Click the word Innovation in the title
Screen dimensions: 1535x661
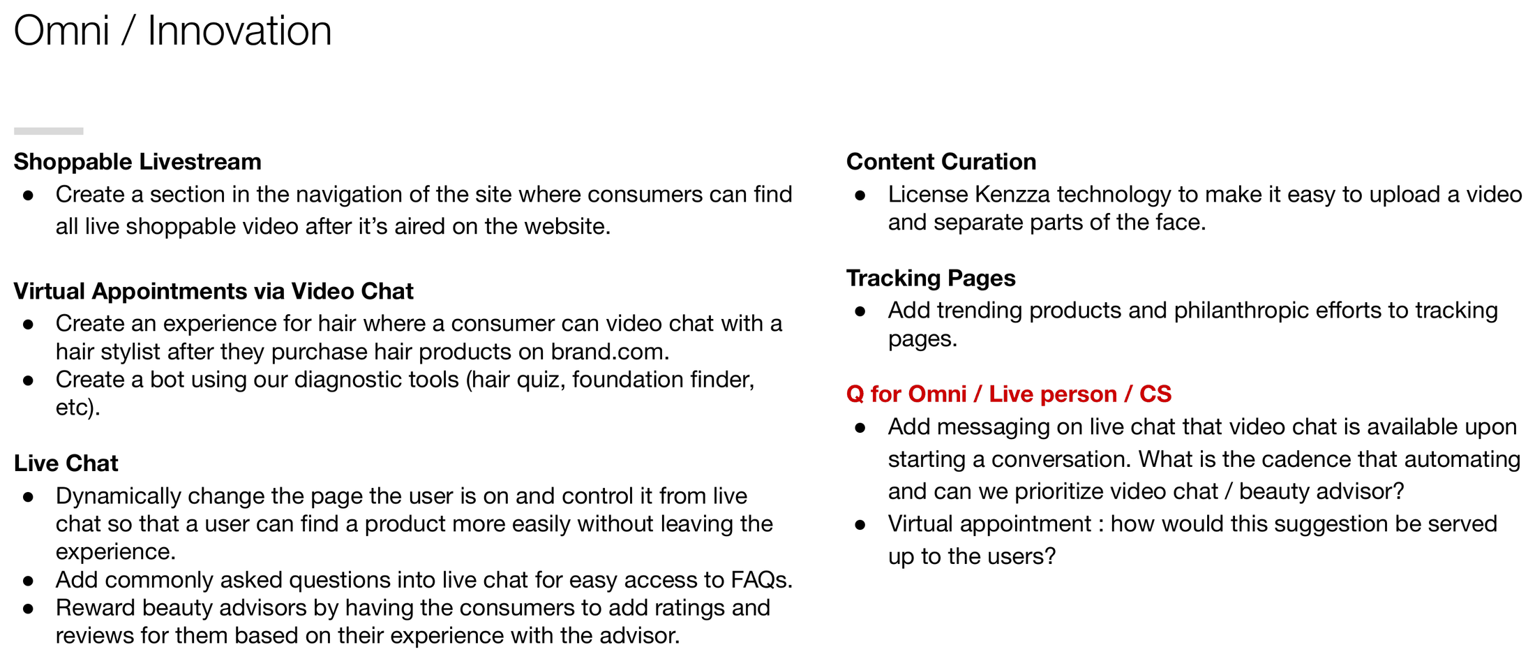239,31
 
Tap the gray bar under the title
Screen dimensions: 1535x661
49,131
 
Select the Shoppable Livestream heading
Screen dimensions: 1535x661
137,162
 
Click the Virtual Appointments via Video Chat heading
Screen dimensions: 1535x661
214,291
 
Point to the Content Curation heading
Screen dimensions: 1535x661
941,162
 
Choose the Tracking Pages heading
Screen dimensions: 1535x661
931,278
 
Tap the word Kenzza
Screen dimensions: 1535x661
1012,195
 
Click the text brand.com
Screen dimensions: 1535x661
610,352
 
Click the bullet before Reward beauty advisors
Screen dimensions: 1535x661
29,609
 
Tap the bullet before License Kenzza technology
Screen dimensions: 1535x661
860,195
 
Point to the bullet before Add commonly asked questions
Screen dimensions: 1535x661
29,581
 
